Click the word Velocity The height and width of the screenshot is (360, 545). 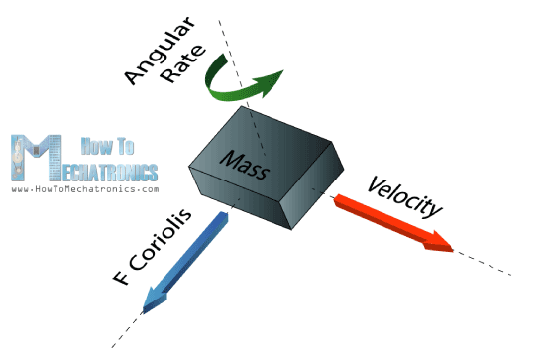click(x=404, y=192)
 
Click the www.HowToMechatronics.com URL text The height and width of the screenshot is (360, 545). click(x=84, y=187)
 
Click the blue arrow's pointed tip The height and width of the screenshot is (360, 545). click(x=147, y=308)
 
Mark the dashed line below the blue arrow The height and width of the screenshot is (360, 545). click(x=126, y=332)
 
